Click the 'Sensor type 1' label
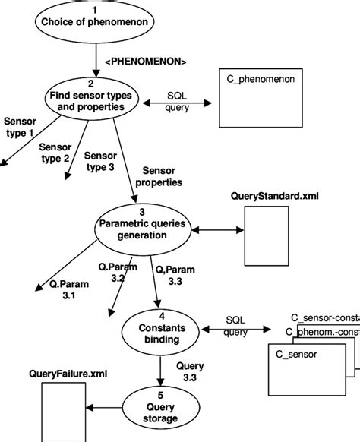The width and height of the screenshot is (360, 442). click(x=20, y=128)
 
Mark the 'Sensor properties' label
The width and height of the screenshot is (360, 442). click(x=157, y=177)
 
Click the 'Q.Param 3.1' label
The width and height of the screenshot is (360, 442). click(x=70, y=290)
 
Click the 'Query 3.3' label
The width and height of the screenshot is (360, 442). click(x=190, y=371)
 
